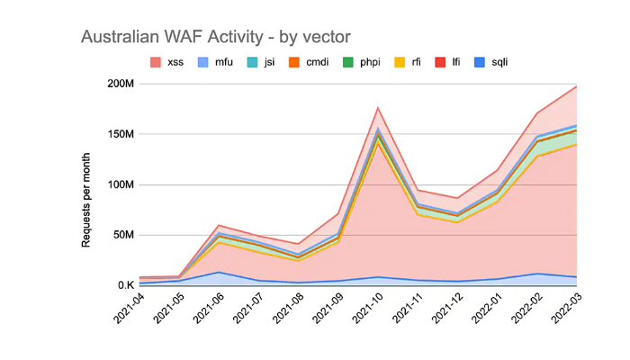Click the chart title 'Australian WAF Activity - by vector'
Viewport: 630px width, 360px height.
(x=215, y=37)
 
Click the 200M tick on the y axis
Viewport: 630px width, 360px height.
(x=120, y=84)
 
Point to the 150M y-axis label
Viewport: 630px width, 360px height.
(x=120, y=134)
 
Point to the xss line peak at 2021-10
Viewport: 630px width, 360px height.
(x=378, y=107)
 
